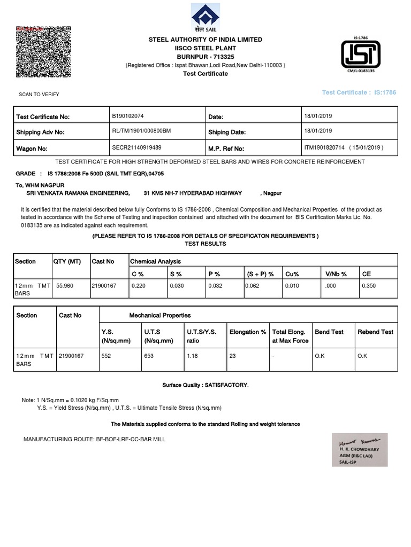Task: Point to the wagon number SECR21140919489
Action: [x=136, y=147]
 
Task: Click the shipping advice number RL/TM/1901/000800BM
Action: [x=141, y=131]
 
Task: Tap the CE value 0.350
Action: [x=369, y=286]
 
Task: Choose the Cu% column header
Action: [x=292, y=274]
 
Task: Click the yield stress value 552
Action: [x=105, y=356]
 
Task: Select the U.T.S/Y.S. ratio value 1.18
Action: [x=192, y=356]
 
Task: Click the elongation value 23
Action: [x=232, y=356]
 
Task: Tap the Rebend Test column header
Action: [x=375, y=332]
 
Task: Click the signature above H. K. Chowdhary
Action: [x=355, y=443]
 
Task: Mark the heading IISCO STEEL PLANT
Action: [x=205, y=48]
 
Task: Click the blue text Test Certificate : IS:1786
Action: [x=359, y=92]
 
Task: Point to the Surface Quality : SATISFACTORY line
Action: [x=205, y=385]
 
